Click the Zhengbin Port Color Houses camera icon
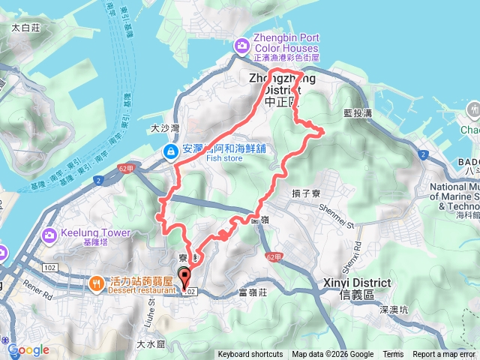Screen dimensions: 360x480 tap(242, 46)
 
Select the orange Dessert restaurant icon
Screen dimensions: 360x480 tap(97, 283)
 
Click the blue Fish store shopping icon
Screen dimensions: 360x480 tap(171, 152)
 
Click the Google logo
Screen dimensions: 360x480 tap(28, 349)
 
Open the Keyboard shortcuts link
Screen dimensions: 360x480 tap(250, 355)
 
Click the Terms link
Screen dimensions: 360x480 tap(393, 355)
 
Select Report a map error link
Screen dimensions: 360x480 tap(445, 355)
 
